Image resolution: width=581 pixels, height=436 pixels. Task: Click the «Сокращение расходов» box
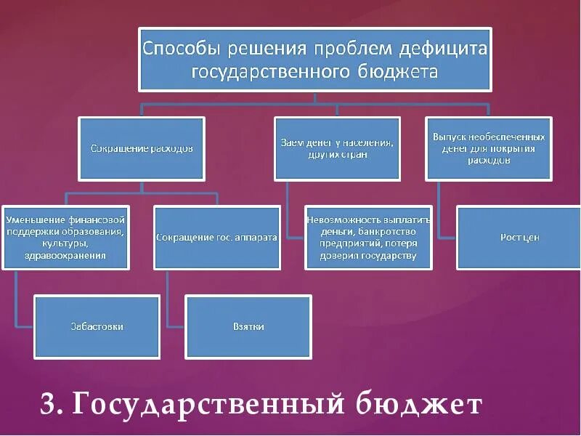[x=142, y=148]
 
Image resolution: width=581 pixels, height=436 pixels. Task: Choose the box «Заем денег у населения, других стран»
[x=337, y=148]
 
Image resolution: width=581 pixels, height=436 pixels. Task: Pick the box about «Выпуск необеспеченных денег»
[x=489, y=148]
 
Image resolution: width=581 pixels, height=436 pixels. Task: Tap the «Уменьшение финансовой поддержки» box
[x=65, y=238]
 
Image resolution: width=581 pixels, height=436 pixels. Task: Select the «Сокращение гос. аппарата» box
[x=217, y=238]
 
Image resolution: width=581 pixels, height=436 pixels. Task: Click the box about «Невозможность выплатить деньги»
[x=369, y=238]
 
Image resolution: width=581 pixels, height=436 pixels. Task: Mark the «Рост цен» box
[x=520, y=238]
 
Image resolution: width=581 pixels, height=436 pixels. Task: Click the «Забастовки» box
[x=97, y=327]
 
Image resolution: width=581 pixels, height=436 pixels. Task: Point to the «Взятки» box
[x=249, y=327]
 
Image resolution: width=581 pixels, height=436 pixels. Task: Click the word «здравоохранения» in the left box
[x=66, y=255]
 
